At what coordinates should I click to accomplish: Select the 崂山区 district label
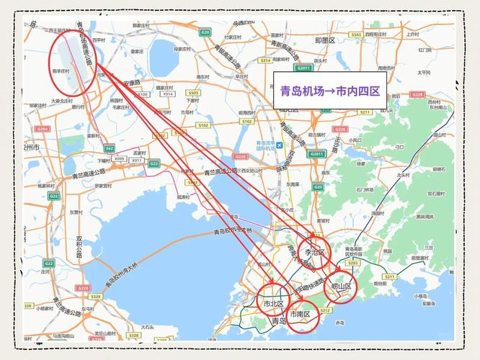[341, 287]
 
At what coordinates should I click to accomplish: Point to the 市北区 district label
[273, 304]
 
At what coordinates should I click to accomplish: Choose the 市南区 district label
[300, 315]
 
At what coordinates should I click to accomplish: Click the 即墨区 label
[326, 41]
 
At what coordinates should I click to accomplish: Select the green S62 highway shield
[110, 148]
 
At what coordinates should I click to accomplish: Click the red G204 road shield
[43, 129]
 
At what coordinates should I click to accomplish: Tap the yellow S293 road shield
[352, 264]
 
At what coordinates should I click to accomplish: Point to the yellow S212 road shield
[325, 310]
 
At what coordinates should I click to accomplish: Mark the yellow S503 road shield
[193, 94]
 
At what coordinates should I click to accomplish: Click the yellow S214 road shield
[265, 60]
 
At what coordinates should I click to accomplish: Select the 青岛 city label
[279, 321]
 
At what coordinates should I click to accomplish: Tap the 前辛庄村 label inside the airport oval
[61, 71]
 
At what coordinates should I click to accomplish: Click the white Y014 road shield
[167, 94]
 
